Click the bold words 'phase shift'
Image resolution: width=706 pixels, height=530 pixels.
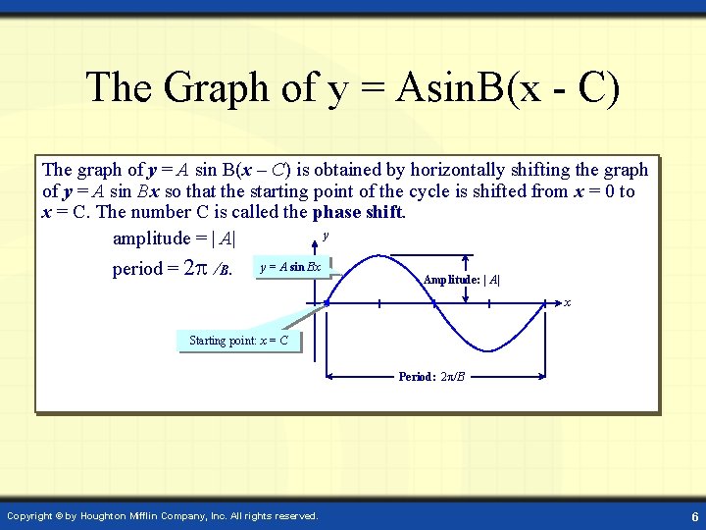(x=358, y=213)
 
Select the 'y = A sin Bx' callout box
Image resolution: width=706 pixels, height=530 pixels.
(x=290, y=267)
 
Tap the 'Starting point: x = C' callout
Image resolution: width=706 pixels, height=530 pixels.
(x=238, y=341)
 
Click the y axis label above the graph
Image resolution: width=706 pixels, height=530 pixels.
(x=326, y=236)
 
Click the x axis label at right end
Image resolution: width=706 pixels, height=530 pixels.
(x=567, y=302)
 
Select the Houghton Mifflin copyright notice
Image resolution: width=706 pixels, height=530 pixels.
(x=162, y=515)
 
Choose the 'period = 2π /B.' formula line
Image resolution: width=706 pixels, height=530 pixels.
(x=172, y=268)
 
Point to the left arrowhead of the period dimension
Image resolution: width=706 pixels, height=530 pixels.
(x=330, y=375)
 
